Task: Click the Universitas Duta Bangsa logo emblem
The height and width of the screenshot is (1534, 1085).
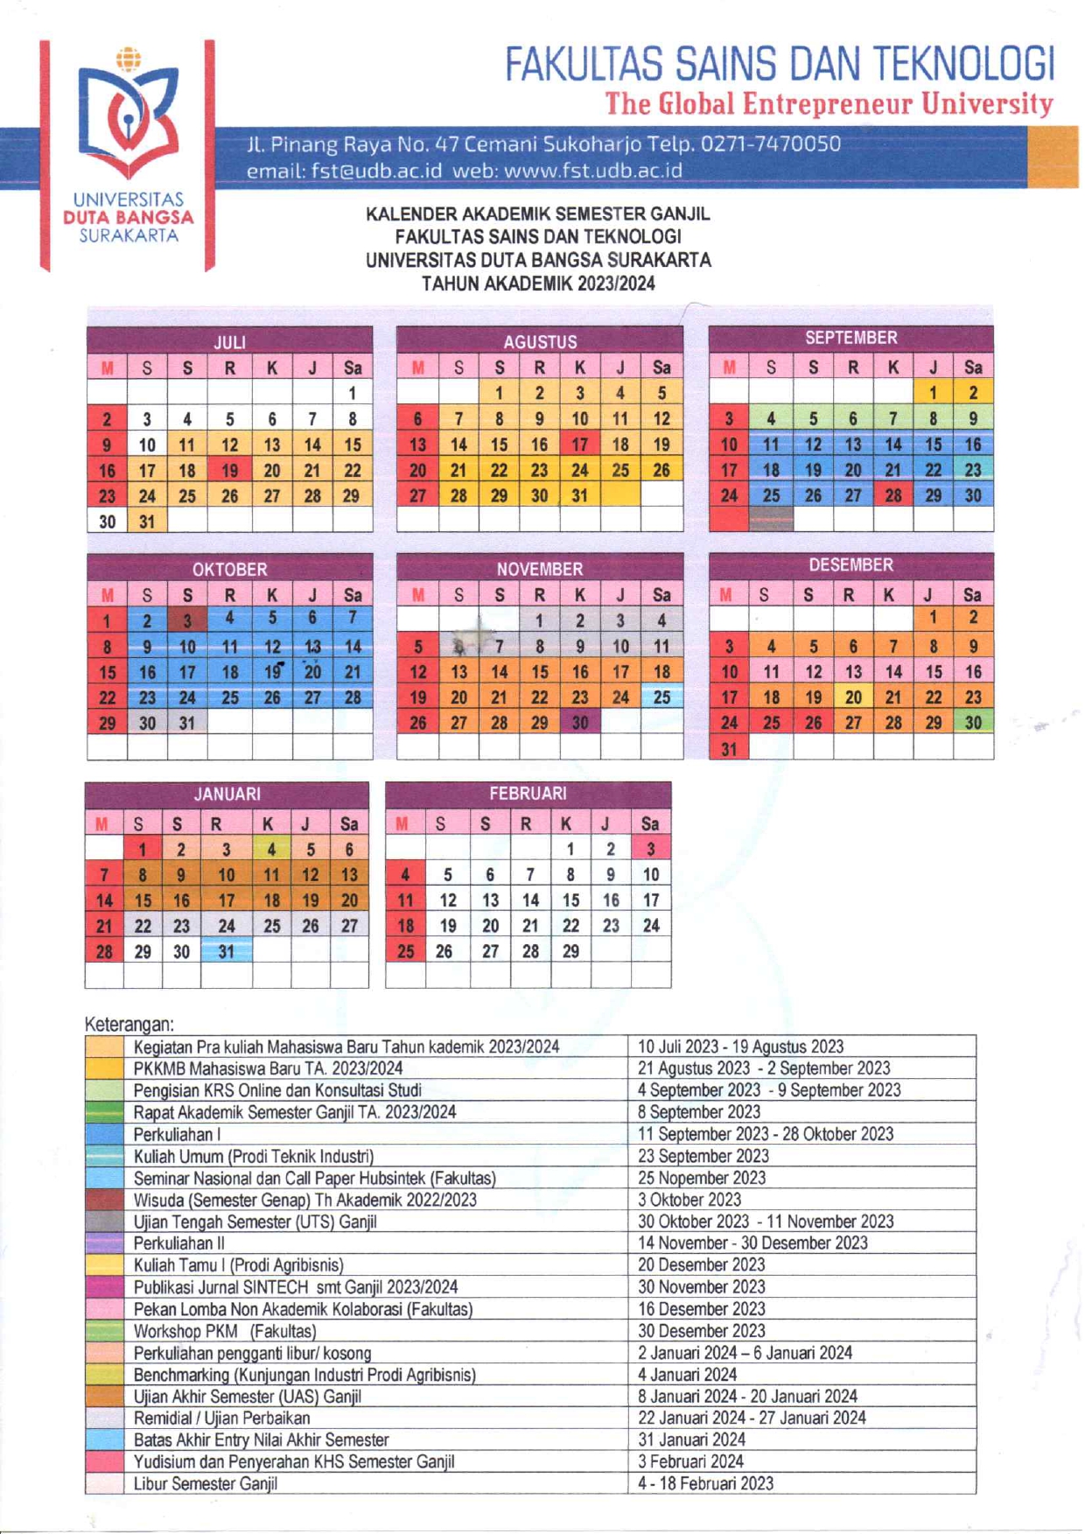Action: [x=129, y=114]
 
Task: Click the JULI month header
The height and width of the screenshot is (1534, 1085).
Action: [x=229, y=341]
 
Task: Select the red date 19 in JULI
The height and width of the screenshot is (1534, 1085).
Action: [x=229, y=470]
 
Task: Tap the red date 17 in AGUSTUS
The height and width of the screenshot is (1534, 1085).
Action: [x=580, y=445]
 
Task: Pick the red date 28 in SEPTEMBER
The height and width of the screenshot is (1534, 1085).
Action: [x=892, y=495]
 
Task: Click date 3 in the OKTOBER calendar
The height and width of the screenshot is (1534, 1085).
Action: [x=187, y=620]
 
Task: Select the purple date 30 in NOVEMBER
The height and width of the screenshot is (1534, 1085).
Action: [x=580, y=723]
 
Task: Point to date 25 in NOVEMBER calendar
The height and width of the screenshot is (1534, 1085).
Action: [x=661, y=697]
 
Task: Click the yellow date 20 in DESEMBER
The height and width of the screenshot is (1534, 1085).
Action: [x=853, y=697]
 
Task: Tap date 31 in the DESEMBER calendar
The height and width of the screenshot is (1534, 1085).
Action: [x=729, y=749]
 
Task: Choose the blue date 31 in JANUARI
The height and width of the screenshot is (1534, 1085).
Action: [x=227, y=951]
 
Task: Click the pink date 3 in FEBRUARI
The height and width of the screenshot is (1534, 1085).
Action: [x=650, y=849]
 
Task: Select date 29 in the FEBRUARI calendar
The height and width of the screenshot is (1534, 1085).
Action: [x=570, y=951]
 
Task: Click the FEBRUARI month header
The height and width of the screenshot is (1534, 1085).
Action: [x=528, y=794]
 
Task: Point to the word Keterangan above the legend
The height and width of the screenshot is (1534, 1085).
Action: [x=129, y=1024]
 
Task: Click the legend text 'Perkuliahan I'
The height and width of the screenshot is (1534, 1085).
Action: [x=177, y=1134]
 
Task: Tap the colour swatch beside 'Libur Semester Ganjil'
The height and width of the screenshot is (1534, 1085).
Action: [x=104, y=1483]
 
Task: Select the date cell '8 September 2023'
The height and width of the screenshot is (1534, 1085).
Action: [x=698, y=1112]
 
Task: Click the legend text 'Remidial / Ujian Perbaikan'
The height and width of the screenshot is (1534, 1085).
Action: [x=221, y=1418]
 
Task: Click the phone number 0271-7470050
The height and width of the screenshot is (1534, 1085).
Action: [x=771, y=144]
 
